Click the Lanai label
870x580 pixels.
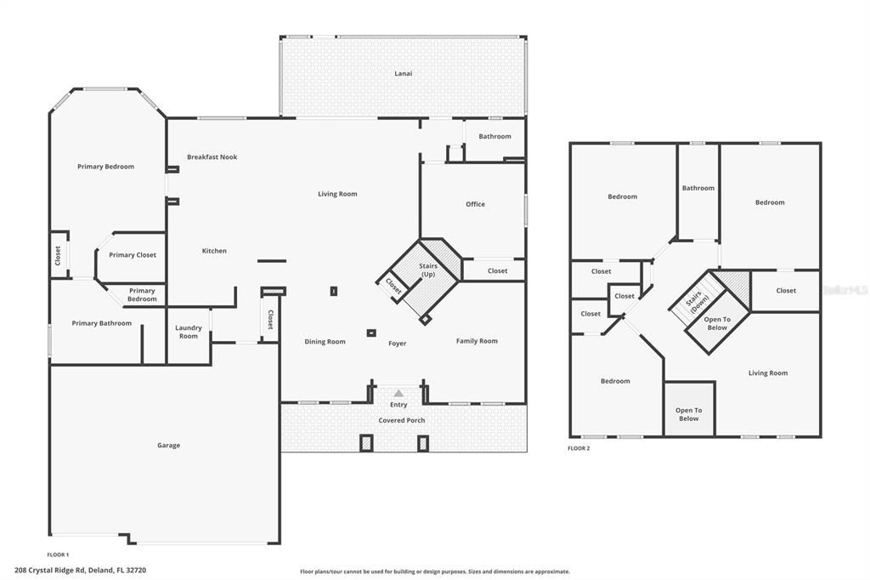coord(403,73)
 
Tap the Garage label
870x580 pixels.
coord(168,445)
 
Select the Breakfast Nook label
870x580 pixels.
coord(212,156)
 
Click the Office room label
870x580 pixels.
coord(475,204)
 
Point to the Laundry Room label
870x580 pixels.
coord(189,332)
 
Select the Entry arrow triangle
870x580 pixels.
coord(398,393)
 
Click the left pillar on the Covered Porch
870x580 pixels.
coord(366,442)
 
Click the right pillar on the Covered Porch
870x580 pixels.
coord(423,442)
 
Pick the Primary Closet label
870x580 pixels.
coord(133,255)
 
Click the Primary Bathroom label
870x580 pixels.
coord(102,323)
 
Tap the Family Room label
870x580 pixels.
coord(477,341)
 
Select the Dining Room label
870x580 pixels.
coord(325,342)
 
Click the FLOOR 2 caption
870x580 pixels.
coord(579,448)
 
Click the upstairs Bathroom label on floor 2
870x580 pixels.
coord(698,188)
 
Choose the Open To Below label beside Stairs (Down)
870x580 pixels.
coord(717,323)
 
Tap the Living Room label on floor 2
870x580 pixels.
coord(768,372)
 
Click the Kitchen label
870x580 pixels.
coord(214,251)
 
